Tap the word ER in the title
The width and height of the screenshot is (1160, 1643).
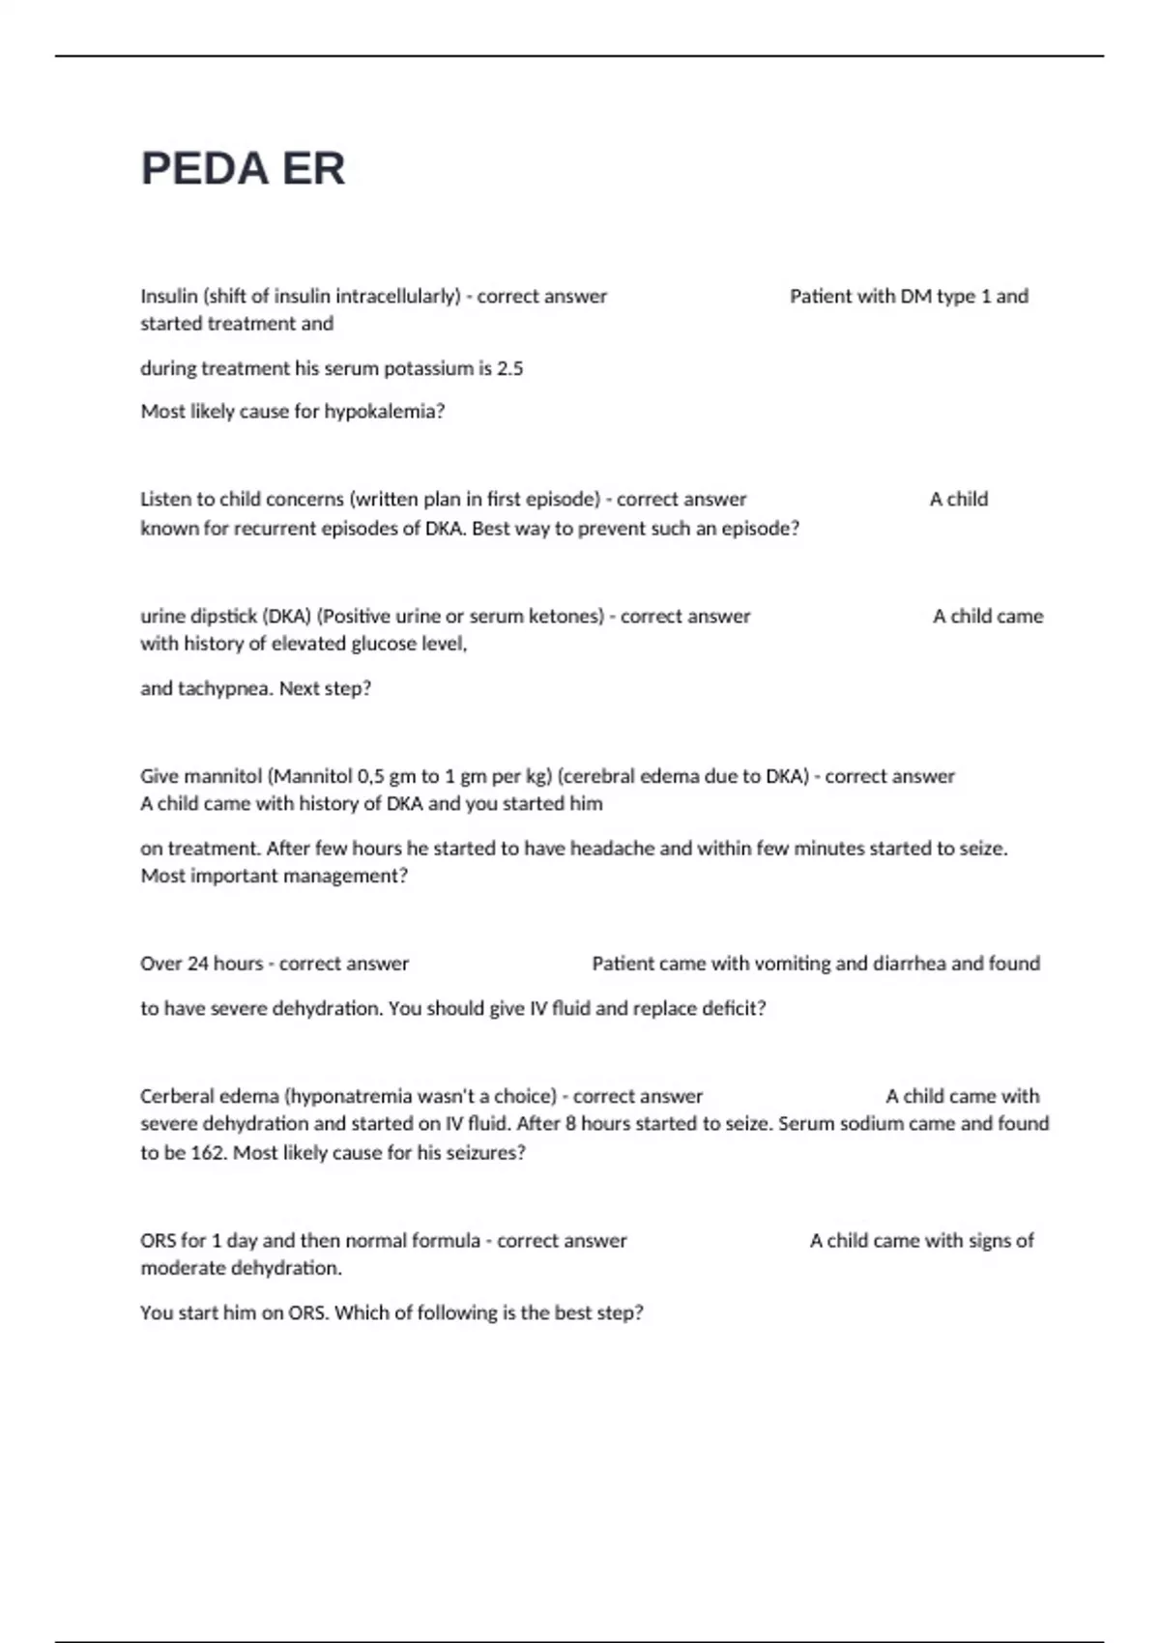313,169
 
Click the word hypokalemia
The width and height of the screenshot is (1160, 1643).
384,412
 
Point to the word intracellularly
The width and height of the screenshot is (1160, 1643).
397,297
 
